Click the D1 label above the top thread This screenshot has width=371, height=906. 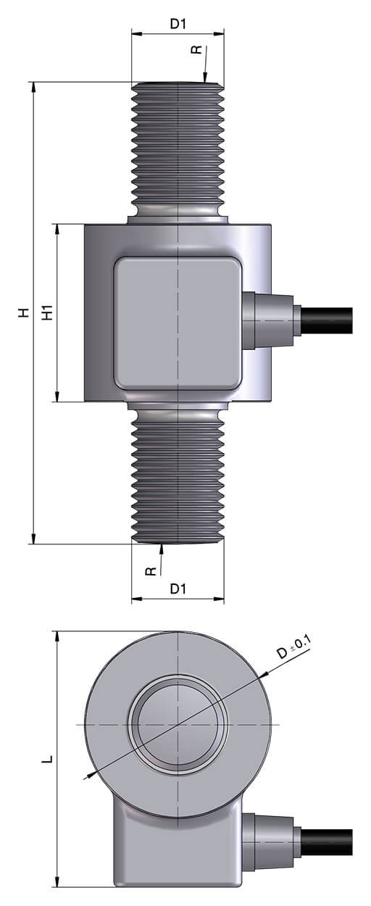(x=178, y=24)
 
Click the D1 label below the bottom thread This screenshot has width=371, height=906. (x=178, y=589)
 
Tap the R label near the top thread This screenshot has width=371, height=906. (x=196, y=49)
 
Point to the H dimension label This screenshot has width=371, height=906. (x=25, y=312)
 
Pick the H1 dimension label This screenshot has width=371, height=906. (x=48, y=312)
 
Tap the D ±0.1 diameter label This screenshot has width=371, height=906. (x=293, y=647)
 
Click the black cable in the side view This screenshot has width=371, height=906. (x=327, y=320)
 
